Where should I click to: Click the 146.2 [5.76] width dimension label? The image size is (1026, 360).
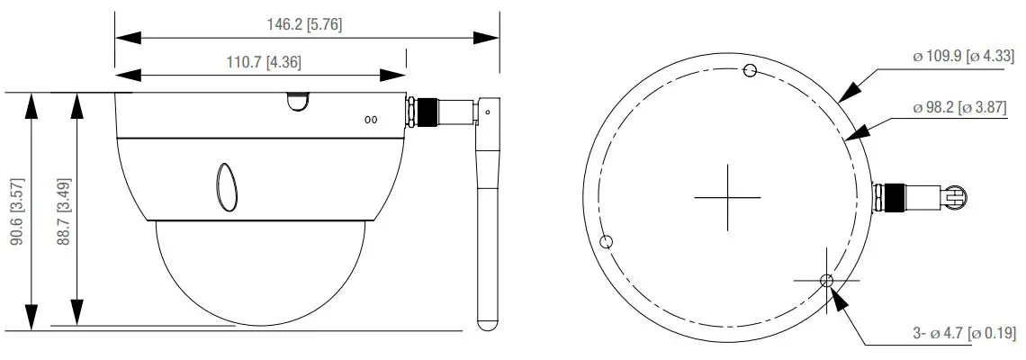(x=303, y=24)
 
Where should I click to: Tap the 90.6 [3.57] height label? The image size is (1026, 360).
(x=16, y=212)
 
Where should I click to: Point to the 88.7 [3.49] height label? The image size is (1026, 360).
(x=63, y=212)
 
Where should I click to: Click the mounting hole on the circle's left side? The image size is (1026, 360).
(x=607, y=240)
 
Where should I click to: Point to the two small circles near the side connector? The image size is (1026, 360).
(x=370, y=119)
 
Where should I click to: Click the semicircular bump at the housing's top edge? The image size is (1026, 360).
(x=295, y=100)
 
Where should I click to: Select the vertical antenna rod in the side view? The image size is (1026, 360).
(x=487, y=225)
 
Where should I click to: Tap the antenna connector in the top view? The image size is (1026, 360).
(x=918, y=195)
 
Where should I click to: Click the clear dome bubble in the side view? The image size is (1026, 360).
(x=260, y=270)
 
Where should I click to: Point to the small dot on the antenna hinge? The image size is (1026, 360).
(x=488, y=112)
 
